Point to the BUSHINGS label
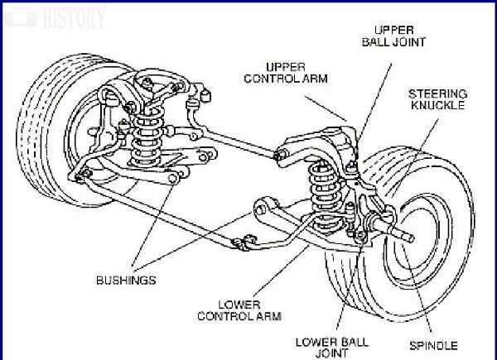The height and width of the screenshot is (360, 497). tap(126, 280)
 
